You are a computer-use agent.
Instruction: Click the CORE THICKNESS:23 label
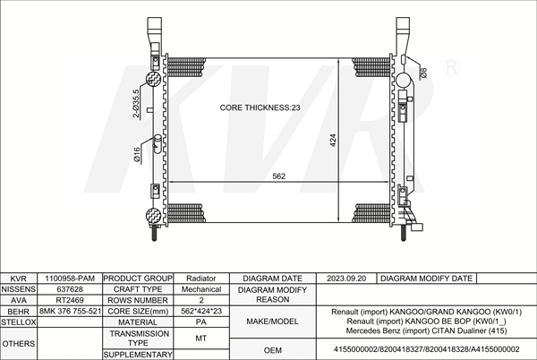coord(260,107)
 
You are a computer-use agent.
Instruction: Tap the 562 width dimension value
coord(278,176)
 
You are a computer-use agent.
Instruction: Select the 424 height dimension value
coord(333,140)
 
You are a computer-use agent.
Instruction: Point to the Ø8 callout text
coord(423,73)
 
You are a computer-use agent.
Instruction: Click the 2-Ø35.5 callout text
coord(136,104)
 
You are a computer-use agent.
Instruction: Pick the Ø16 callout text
coord(137,155)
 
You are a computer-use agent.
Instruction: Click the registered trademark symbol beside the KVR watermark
coord(451,67)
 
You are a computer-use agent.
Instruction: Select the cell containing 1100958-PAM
coord(70,279)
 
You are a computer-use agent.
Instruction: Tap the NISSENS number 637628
coord(70,289)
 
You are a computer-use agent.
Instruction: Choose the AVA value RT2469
coord(70,300)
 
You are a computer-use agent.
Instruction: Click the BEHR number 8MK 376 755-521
coord(70,312)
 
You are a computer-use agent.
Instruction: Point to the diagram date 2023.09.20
coord(346,279)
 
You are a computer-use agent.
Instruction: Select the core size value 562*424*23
coord(201,312)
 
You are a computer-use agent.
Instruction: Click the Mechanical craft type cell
coord(201,289)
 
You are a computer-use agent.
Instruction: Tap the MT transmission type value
coord(201,339)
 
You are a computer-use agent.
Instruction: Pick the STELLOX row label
coord(19,322)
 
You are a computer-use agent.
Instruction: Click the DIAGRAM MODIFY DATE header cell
coord(426,279)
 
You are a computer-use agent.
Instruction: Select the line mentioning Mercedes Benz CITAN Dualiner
coord(426,330)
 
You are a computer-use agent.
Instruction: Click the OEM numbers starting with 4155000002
coord(426,349)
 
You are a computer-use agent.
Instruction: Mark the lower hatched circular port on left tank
coord(153,216)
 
